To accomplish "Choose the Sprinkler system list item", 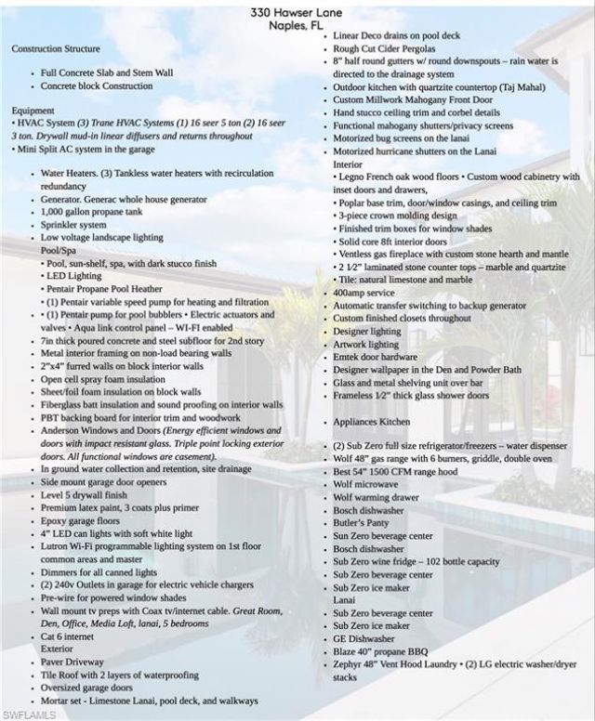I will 73,224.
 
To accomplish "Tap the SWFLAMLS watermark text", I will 27,714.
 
